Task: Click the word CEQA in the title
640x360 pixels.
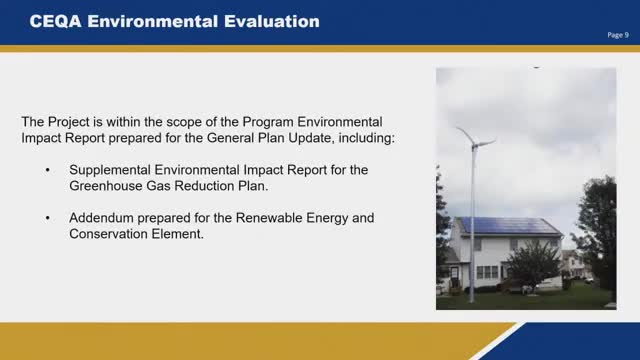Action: [x=56, y=21]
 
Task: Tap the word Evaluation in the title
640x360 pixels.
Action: [x=272, y=21]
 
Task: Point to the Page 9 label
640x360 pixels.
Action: [x=618, y=35]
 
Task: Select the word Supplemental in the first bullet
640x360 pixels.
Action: [x=110, y=170]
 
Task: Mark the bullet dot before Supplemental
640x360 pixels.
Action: [x=48, y=171]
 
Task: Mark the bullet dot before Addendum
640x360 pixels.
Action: [x=48, y=218]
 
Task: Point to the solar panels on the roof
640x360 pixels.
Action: [x=509, y=226]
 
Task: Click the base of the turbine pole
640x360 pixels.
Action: [x=472, y=300]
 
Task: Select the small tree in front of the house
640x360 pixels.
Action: [x=532, y=264]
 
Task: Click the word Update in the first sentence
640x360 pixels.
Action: [x=310, y=138]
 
